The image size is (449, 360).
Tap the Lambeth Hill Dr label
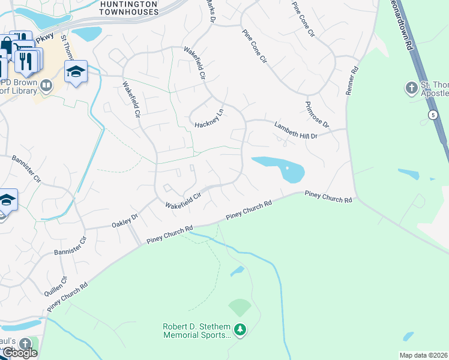(295, 131)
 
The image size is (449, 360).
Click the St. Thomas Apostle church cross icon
(411, 88)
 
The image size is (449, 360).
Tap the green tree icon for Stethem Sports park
(240, 330)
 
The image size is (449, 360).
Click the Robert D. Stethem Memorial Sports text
(196, 331)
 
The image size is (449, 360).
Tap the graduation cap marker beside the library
(76, 72)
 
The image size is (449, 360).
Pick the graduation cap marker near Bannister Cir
(6, 200)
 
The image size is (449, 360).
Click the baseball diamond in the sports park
(240, 308)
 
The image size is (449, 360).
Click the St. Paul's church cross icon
(25, 344)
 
